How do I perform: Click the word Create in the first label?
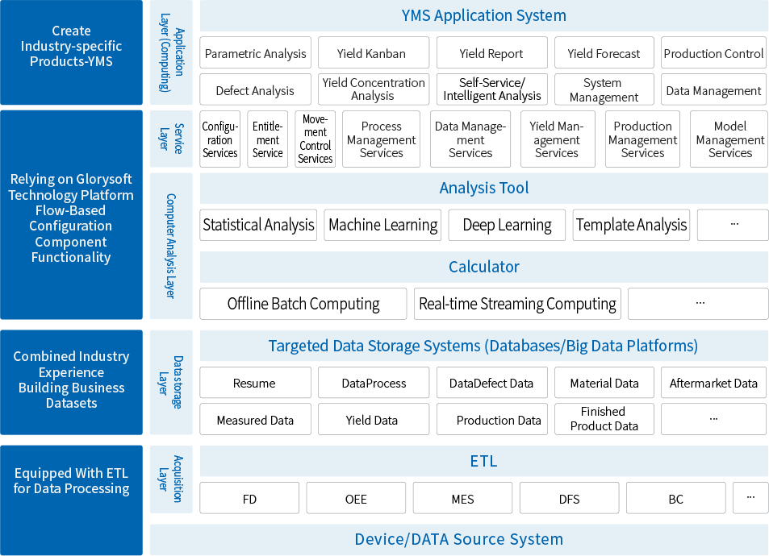point(71,31)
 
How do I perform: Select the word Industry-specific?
point(71,46)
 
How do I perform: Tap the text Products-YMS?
point(71,62)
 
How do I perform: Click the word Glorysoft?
point(104,179)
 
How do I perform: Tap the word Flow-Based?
point(71,210)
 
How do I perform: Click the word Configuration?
point(71,226)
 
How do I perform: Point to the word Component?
point(71,242)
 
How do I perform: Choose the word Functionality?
point(71,258)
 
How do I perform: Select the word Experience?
point(71,372)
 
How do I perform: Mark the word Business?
point(98,388)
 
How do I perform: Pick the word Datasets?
point(71,403)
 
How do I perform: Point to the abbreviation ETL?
point(117,473)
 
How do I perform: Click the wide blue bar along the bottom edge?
point(458,540)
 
